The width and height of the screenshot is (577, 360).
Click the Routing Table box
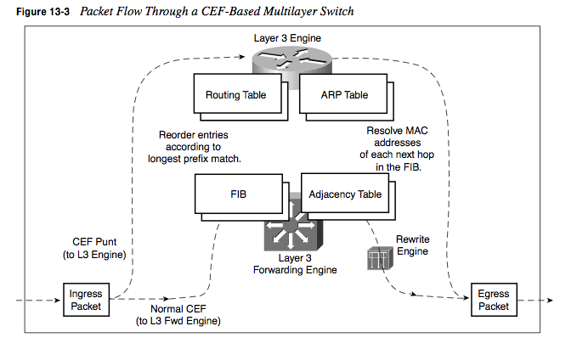[235, 95]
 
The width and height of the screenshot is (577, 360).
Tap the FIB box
[238, 194]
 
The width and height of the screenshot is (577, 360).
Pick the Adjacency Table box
[346, 194]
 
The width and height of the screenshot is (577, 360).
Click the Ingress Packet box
[86, 300]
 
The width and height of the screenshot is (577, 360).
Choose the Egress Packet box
[494, 300]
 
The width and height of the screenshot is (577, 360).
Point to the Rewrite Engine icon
[376, 257]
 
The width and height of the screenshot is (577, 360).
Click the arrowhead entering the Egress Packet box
[467, 299]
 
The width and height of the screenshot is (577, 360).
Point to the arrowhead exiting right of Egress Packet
[550, 300]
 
